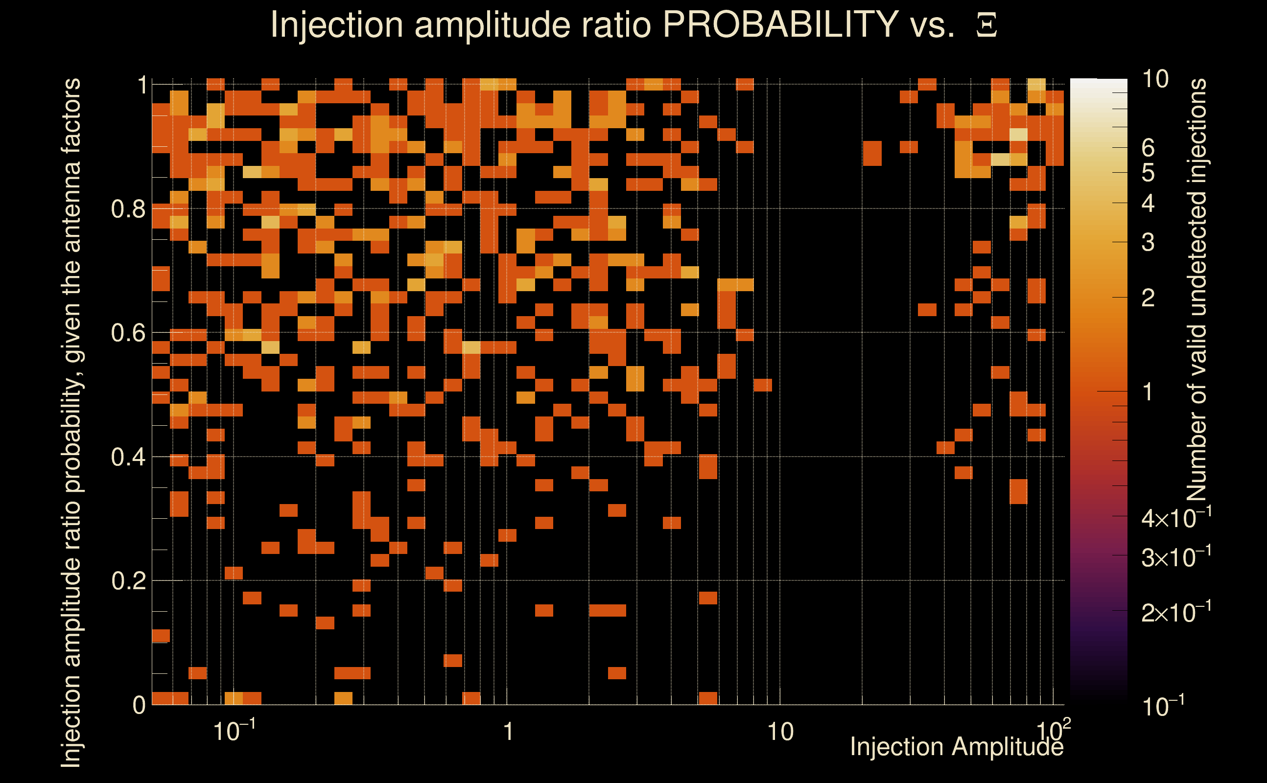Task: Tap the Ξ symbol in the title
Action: point(986,25)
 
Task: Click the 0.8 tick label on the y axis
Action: point(128,209)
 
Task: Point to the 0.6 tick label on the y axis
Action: point(128,333)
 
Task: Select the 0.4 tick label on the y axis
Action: point(128,457)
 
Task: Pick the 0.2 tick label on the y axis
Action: point(128,581)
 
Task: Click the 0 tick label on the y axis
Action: point(140,705)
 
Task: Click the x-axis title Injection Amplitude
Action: point(957,747)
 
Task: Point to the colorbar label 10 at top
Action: point(1155,79)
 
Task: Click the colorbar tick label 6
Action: point(1148,148)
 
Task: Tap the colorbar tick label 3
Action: point(1148,242)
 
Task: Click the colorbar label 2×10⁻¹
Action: point(1176,613)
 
